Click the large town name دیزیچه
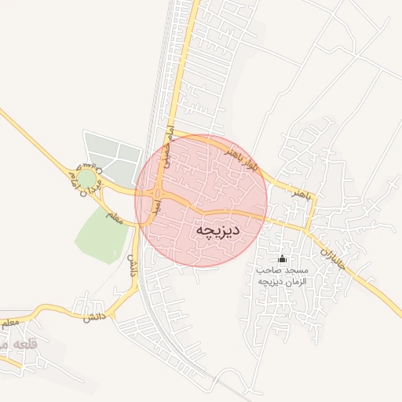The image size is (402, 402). (217, 230)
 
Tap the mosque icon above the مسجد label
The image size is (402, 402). (283, 259)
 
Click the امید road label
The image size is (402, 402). (156, 206)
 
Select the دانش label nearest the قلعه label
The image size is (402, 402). (93, 316)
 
